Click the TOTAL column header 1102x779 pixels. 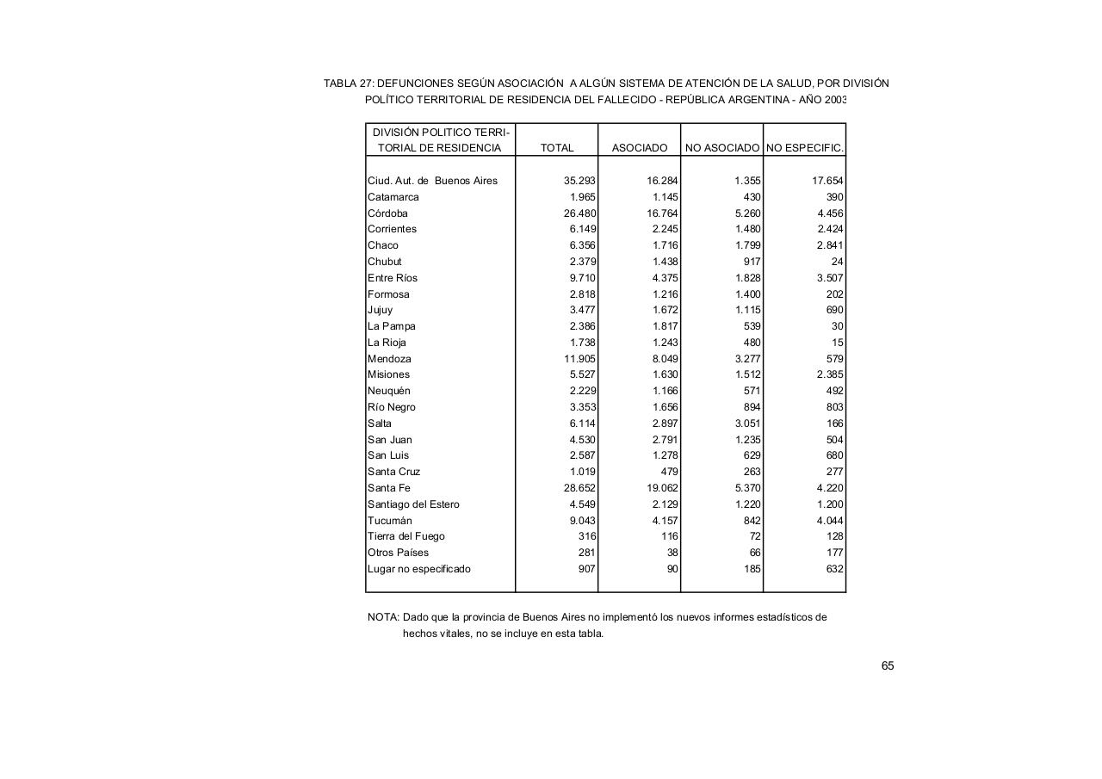coord(556,148)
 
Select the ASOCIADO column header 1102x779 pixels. coord(639,148)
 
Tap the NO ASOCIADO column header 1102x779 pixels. coord(722,148)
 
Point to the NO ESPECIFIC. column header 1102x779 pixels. coord(805,148)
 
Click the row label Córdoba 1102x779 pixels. coord(387,213)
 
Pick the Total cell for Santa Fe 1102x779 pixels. coord(579,488)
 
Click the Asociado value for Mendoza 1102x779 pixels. coord(665,359)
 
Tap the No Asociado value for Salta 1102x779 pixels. coord(747,424)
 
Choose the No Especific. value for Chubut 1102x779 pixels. coord(837,262)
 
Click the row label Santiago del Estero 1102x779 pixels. coord(413,504)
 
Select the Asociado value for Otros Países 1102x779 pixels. coord(672,553)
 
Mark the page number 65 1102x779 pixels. coord(888,665)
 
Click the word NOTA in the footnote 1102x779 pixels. coord(383,617)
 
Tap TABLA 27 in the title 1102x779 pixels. coord(348,83)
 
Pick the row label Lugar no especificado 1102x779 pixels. coord(419,569)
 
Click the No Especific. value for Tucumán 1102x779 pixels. coord(830,521)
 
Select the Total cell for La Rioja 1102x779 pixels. coord(583,343)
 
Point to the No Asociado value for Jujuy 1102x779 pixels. coord(747,310)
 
